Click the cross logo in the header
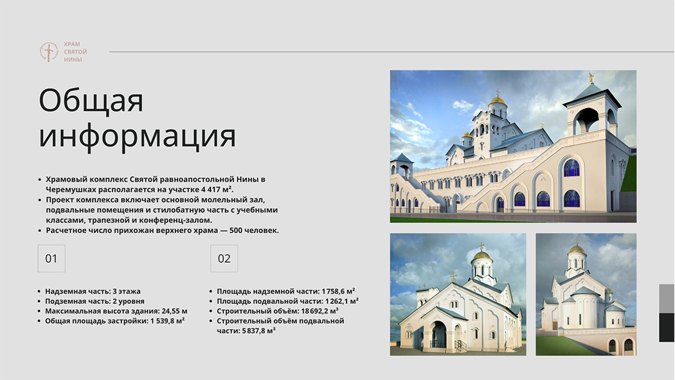[49, 52]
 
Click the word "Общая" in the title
[91, 100]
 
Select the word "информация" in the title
[138, 136]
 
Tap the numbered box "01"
[51, 258]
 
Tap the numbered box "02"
[224, 258]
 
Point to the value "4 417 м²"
[217, 189]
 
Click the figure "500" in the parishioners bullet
[236, 231]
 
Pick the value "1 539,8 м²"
[167, 321]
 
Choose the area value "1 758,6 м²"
[338, 291]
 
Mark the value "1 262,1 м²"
[342, 301]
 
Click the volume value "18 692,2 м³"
[319, 311]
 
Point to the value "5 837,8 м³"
[258, 331]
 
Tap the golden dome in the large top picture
[498, 100]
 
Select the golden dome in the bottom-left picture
[482, 255]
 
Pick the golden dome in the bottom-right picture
[577, 249]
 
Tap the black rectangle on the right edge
[667, 327]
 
